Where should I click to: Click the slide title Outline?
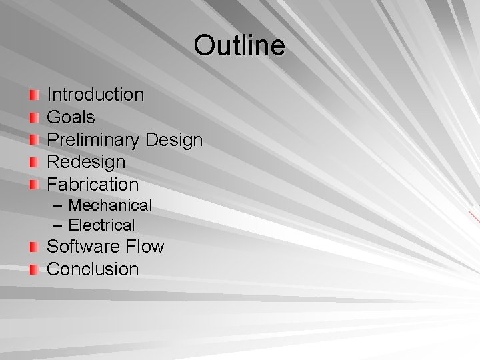[239, 45]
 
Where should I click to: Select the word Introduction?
[95, 95]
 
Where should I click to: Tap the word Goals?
[71, 117]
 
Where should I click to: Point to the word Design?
[173, 140]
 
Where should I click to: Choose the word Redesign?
[86, 162]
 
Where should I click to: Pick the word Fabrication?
[93, 185]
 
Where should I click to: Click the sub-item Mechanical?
[110, 205]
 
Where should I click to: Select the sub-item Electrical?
[101, 225]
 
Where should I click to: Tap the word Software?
[83, 247]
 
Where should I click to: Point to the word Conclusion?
[93, 269]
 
